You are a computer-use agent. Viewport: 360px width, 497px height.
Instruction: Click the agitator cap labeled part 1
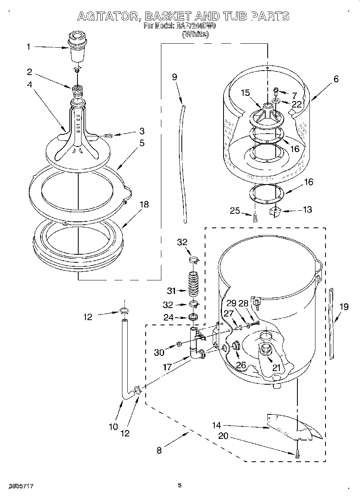tap(77, 47)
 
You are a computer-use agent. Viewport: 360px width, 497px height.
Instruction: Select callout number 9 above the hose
tap(175, 77)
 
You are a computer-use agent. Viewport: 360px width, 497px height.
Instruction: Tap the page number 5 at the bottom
tap(180, 485)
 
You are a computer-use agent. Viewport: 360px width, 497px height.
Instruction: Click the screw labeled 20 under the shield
tap(297, 453)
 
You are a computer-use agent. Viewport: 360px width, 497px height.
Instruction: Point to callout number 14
tap(216, 426)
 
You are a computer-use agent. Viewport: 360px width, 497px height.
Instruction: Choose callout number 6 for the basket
tap(336, 79)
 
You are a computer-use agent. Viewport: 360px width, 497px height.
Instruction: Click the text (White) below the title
tap(195, 34)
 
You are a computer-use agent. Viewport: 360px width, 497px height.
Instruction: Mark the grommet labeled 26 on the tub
tap(236, 346)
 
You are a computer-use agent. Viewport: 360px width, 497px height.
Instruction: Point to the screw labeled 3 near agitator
tap(108, 136)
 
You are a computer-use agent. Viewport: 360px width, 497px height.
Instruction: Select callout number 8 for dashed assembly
tap(159, 450)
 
